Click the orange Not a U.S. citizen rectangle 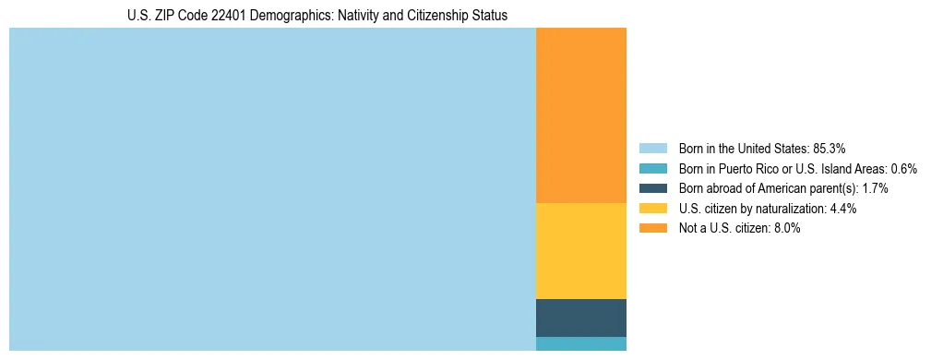coord(580,115)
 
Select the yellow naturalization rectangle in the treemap coord(580,251)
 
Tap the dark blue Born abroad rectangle coord(580,318)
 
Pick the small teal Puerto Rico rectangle coord(580,343)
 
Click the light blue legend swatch coord(652,148)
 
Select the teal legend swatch coord(652,168)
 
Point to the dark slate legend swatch coord(652,188)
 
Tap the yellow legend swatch coord(652,209)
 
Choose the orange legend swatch coord(652,228)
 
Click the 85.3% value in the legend coord(829,148)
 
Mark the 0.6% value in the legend coord(904,168)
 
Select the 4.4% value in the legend coord(843,209)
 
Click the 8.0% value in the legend coord(787,228)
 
